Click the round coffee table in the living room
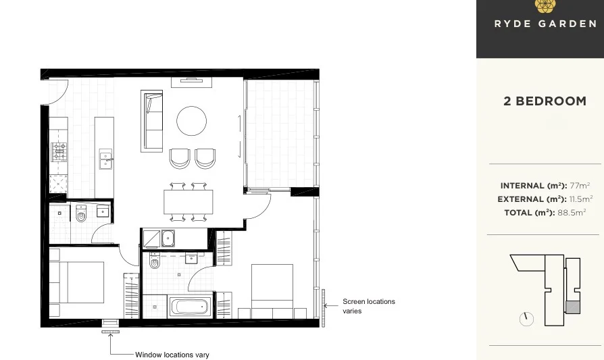(192, 121)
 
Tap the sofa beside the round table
(152, 121)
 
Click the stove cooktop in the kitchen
(59, 151)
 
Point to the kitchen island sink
(105, 159)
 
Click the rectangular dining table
(188, 201)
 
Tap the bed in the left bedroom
(76, 282)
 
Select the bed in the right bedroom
(272, 289)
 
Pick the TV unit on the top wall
(192, 81)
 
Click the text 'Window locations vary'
(172, 355)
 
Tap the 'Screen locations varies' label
(368, 306)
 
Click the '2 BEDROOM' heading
(545, 101)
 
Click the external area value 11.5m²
(580, 199)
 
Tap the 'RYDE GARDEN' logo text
(545, 24)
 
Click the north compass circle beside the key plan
(527, 319)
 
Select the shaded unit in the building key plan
(572, 307)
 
